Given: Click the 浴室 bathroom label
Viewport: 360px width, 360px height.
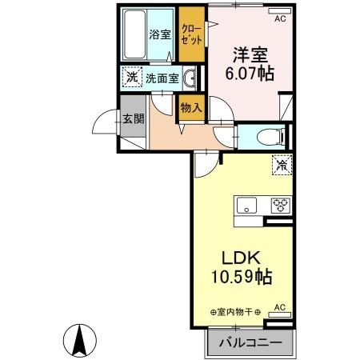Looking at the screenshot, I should (x=160, y=34).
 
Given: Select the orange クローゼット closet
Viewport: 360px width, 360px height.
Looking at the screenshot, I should (x=191, y=34).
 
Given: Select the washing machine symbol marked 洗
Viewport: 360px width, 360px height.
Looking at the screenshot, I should (x=130, y=78).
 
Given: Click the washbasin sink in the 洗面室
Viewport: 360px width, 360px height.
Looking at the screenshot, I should (x=190, y=78).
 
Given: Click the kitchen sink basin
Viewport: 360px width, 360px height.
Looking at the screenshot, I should (x=246, y=203).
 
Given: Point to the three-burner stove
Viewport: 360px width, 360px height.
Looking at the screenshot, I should (x=280, y=203).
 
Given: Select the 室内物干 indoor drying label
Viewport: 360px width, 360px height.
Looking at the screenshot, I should (x=239, y=311).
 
